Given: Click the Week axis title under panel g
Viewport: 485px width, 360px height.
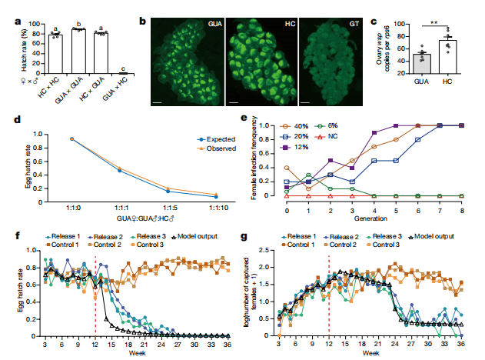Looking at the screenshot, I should click(372, 353).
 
